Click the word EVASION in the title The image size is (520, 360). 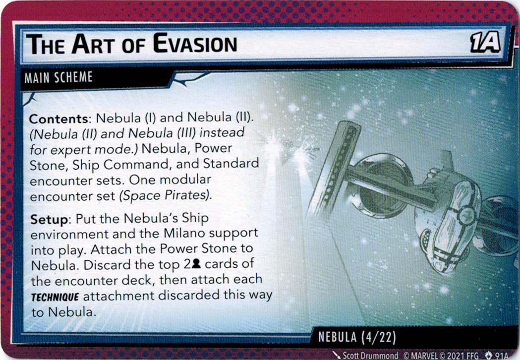(x=195, y=45)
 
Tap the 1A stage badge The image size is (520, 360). (x=484, y=44)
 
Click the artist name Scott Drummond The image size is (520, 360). (x=370, y=355)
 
